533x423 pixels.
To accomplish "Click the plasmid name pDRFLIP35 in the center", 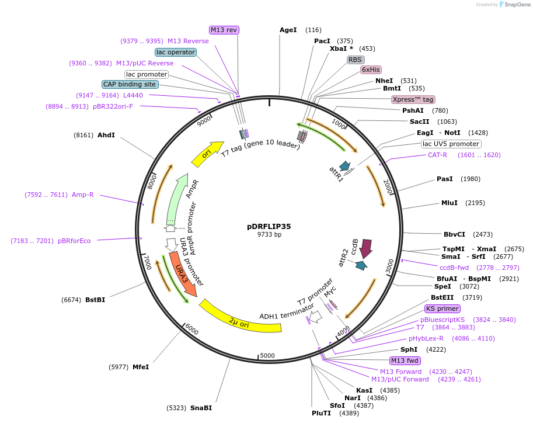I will (x=269, y=226).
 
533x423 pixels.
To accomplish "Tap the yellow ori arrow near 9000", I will (x=207, y=151).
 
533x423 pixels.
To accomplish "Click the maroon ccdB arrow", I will (x=366, y=248).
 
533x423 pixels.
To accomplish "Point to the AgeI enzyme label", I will (x=288, y=30).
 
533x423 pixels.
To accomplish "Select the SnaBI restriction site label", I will (x=201, y=408).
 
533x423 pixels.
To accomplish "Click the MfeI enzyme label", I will (x=141, y=367).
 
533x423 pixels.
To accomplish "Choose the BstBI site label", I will (x=95, y=300).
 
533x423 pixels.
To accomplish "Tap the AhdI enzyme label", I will (x=106, y=135).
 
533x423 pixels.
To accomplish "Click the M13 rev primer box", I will (x=224, y=30).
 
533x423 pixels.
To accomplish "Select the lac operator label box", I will (x=176, y=52).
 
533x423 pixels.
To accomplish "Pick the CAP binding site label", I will (x=130, y=84).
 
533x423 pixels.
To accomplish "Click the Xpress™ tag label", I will (x=413, y=99).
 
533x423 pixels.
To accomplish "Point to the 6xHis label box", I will (x=371, y=70).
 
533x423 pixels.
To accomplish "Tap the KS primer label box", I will (x=442, y=308).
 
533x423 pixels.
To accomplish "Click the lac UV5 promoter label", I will (x=451, y=144).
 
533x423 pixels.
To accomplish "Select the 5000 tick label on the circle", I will (x=267, y=355).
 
